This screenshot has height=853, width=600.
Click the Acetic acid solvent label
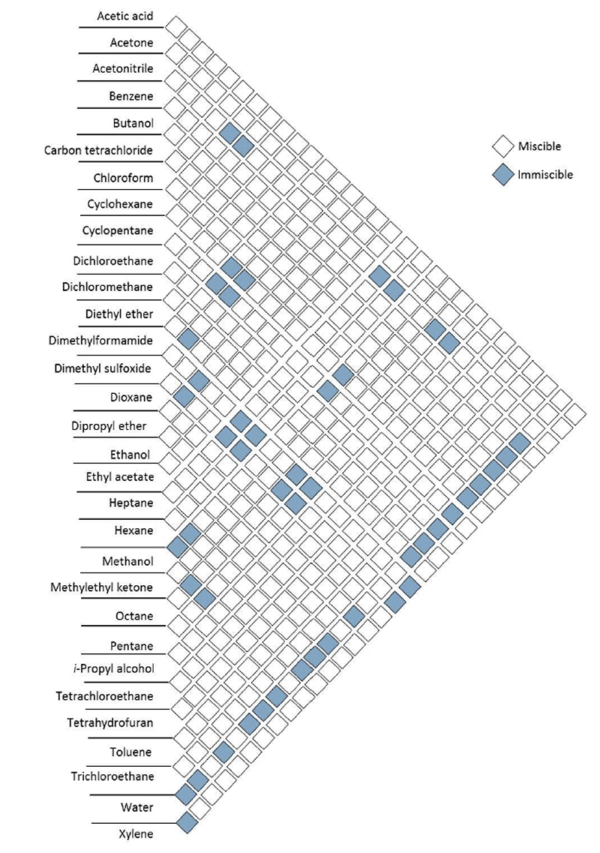[125, 16]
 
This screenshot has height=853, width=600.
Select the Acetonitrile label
[123, 69]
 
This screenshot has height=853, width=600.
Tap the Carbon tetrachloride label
[98, 150]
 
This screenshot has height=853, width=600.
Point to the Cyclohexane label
[123, 204]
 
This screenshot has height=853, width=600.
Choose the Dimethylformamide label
[104, 341]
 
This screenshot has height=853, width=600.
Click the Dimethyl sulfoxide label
[103, 368]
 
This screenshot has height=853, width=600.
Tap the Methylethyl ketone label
[101, 587]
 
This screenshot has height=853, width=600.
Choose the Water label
[137, 808]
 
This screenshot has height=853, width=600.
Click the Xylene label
[136, 833]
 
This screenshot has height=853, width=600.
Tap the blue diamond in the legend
[502, 175]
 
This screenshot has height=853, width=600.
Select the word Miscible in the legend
[539, 146]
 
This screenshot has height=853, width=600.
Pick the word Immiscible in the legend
[545, 175]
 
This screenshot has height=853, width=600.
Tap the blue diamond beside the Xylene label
[186, 824]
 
